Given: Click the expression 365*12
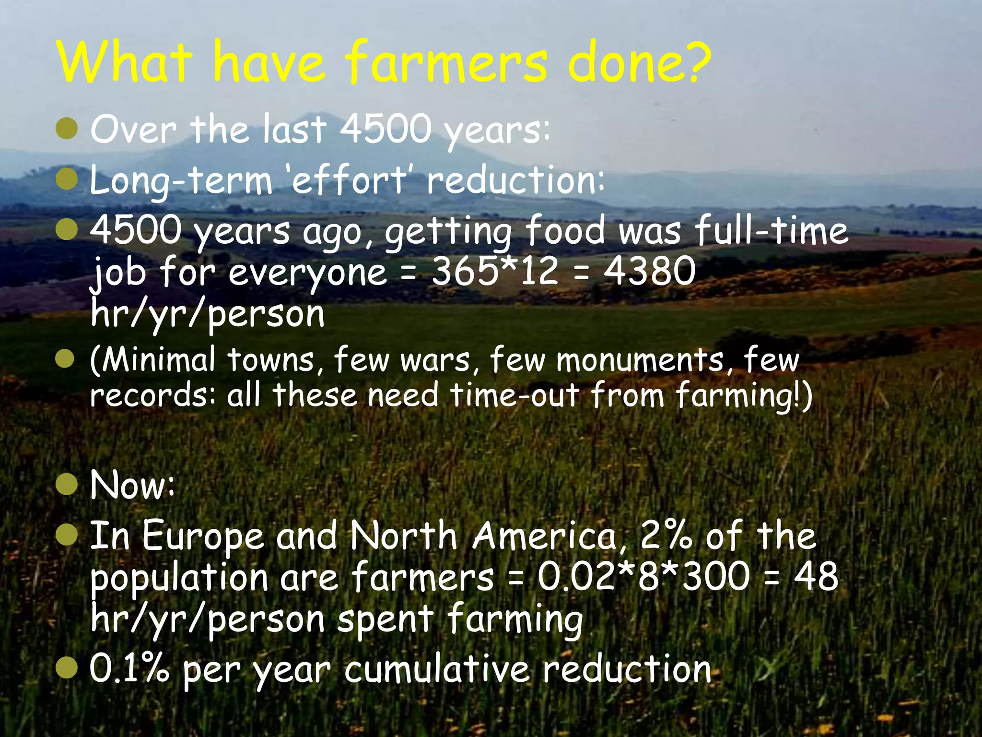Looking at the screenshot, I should coord(495,271).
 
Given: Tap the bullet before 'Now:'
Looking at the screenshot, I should coord(66,485).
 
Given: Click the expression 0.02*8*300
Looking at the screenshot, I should coord(643,577).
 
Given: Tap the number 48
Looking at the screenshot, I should coord(816,577).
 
